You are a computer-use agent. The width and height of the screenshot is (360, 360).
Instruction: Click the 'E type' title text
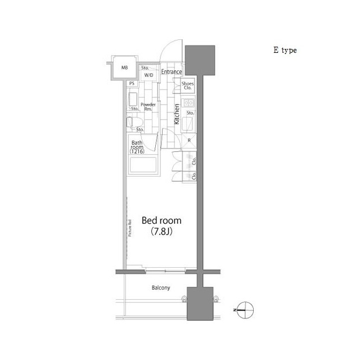pyautogui.click(x=285, y=50)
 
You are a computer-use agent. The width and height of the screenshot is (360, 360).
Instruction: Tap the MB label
pyautogui.click(x=124, y=70)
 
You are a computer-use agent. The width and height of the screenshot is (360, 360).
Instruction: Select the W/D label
pyautogui.click(x=149, y=75)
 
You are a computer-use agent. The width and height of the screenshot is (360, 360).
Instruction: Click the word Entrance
pyautogui.click(x=172, y=72)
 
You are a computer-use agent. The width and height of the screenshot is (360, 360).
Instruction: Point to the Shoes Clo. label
pyautogui.click(x=188, y=85)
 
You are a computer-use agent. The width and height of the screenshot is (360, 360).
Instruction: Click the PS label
pyautogui.click(x=132, y=84)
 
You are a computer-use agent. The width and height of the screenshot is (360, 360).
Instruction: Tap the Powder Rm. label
pyautogui.click(x=148, y=107)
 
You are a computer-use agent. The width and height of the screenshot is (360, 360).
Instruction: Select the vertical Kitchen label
pyautogui.click(x=177, y=114)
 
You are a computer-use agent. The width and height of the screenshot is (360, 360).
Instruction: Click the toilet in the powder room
pyautogui.click(x=133, y=123)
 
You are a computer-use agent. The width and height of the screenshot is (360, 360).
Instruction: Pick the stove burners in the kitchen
pyautogui.click(x=188, y=103)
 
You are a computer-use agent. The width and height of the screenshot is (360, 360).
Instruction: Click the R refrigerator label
pyautogui.click(x=189, y=140)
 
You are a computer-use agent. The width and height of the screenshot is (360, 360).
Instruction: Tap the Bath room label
pyautogui.click(x=138, y=147)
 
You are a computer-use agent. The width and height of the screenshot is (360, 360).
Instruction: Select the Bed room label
pyautogui.click(x=161, y=220)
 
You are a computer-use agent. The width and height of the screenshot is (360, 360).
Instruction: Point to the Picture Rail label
pyautogui.click(x=130, y=227)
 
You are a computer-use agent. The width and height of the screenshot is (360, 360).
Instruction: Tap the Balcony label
pyautogui.click(x=161, y=288)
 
